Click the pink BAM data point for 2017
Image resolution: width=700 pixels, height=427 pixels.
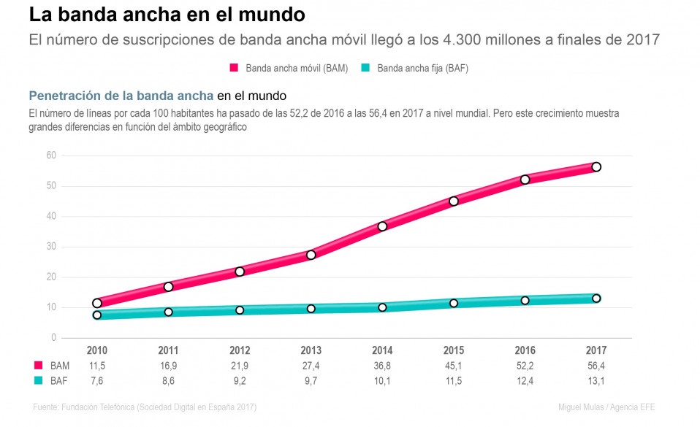[596, 167]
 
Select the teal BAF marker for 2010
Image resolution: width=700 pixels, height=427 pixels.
[97, 315]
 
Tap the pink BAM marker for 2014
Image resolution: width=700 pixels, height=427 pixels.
[382, 226]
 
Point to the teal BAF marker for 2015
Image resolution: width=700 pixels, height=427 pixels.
[454, 304]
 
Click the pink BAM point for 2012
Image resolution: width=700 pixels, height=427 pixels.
[240, 272]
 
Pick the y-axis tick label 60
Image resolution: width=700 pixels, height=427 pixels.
[51, 155]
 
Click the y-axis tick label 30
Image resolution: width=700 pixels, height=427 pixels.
[51, 246]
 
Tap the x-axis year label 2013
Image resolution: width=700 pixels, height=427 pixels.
[311, 350]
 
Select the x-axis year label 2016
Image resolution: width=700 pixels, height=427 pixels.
[525, 350]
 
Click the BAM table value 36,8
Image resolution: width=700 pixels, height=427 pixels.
[382, 366]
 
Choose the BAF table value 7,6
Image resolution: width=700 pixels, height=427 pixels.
[97, 381]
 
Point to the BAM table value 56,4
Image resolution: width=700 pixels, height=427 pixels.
[596, 366]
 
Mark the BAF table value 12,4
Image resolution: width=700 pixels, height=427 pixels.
[525, 381]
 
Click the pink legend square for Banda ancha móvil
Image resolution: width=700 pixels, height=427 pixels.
[234, 68]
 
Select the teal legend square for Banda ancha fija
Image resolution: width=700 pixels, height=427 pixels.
[365, 68]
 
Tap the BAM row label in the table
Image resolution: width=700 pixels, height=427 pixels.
[60, 366]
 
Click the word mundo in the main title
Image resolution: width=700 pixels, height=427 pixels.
[272, 15]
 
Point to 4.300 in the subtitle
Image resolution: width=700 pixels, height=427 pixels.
[462, 39]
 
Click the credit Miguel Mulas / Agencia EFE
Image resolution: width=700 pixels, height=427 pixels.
[606, 407]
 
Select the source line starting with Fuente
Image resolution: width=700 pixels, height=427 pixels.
[145, 407]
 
